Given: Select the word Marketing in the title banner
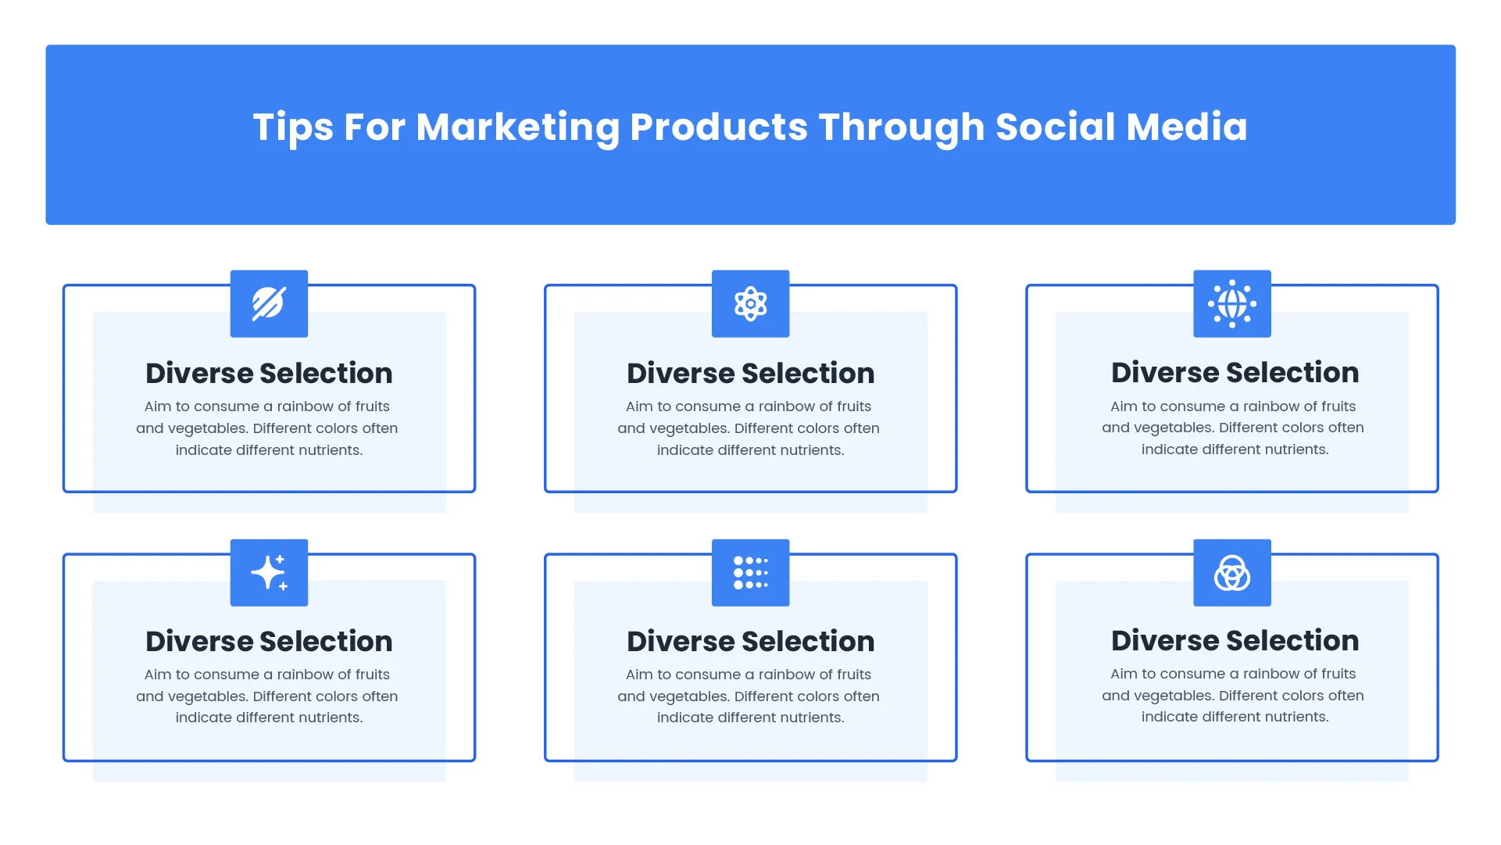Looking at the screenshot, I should coord(517,127).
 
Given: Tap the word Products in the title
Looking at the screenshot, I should coord(719,127).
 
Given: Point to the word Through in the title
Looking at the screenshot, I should coord(901,127).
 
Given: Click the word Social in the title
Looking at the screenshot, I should coord(1055,127).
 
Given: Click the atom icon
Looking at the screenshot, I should coord(750,304).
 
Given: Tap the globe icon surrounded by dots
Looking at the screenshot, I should coord(1231,304).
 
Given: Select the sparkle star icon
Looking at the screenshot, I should coord(269,573).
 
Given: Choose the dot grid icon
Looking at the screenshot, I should coord(750,573).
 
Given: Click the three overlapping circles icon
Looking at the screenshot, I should coord(1231,573).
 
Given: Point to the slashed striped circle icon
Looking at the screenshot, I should coord(269,304).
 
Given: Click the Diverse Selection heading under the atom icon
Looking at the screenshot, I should coord(750,374).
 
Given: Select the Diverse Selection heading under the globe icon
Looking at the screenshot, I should coord(1235,373).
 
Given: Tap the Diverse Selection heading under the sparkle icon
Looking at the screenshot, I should coord(269,642).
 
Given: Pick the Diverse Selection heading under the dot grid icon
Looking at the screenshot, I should coord(750,642).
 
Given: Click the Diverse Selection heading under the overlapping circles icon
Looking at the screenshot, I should coord(1235,641).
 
